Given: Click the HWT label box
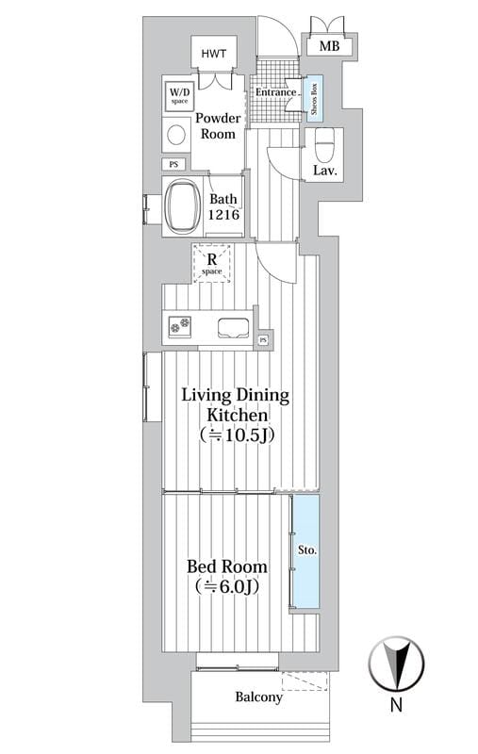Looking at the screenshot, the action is (x=213, y=54).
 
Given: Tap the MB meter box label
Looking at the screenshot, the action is (x=329, y=46).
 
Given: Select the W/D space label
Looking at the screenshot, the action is (x=179, y=95).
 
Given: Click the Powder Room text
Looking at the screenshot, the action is (x=218, y=126).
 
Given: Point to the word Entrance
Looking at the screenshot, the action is (x=275, y=91).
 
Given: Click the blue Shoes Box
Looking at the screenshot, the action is (x=315, y=98).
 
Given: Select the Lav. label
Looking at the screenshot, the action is (x=324, y=170).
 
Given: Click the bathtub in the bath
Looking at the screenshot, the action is (x=183, y=206).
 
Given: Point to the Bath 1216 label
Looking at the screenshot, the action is (x=223, y=206).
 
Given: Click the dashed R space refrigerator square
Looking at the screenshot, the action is (x=212, y=264).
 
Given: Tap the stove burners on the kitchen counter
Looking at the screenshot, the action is (x=179, y=325).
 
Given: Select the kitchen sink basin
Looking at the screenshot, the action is (x=233, y=328).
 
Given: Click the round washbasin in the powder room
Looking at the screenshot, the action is (x=176, y=135).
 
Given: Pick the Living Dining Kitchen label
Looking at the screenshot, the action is (x=236, y=415).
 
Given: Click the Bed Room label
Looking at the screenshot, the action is (x=227, y=576).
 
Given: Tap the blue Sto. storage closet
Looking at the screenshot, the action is (x=305, y=550).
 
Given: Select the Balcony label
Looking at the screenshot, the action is (x=258, y=697).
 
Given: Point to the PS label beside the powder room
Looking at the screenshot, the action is (x=173, y=164).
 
